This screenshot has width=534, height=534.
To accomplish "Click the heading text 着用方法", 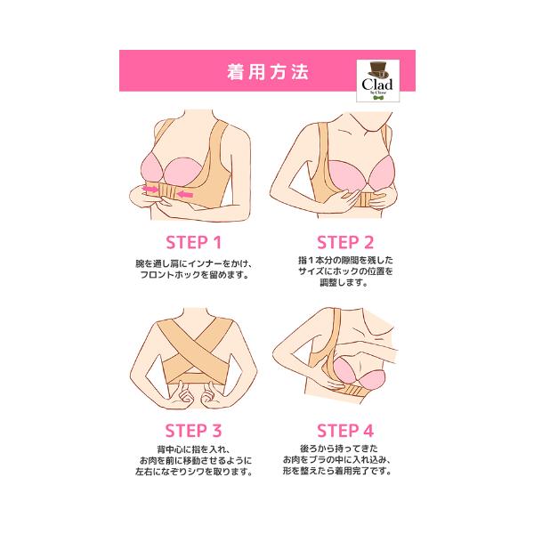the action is (x=268, y=72).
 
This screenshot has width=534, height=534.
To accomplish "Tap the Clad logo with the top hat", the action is (x=377, y=81).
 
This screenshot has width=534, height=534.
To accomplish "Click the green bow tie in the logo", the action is (x=378, y=98).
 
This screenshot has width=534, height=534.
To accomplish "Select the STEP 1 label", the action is (x=193, y=242).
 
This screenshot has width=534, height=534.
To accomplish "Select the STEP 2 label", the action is (x=345, y=242).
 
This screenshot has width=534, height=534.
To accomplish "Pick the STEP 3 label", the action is (x=193, y=431).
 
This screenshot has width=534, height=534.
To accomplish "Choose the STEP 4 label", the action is (x=345, y=431).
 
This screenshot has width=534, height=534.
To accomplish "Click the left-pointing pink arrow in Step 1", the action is (x=186, y=194).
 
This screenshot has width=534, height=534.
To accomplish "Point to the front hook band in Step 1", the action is (x=167, y=192).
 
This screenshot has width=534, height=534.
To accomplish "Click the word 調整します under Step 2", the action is (x=344, y=282).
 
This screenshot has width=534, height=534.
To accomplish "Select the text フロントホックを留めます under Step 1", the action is (x=195, y=274).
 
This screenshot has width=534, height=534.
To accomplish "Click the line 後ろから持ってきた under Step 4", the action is (x=339, y=449).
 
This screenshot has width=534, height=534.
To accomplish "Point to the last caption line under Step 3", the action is (x=194, y=472).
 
